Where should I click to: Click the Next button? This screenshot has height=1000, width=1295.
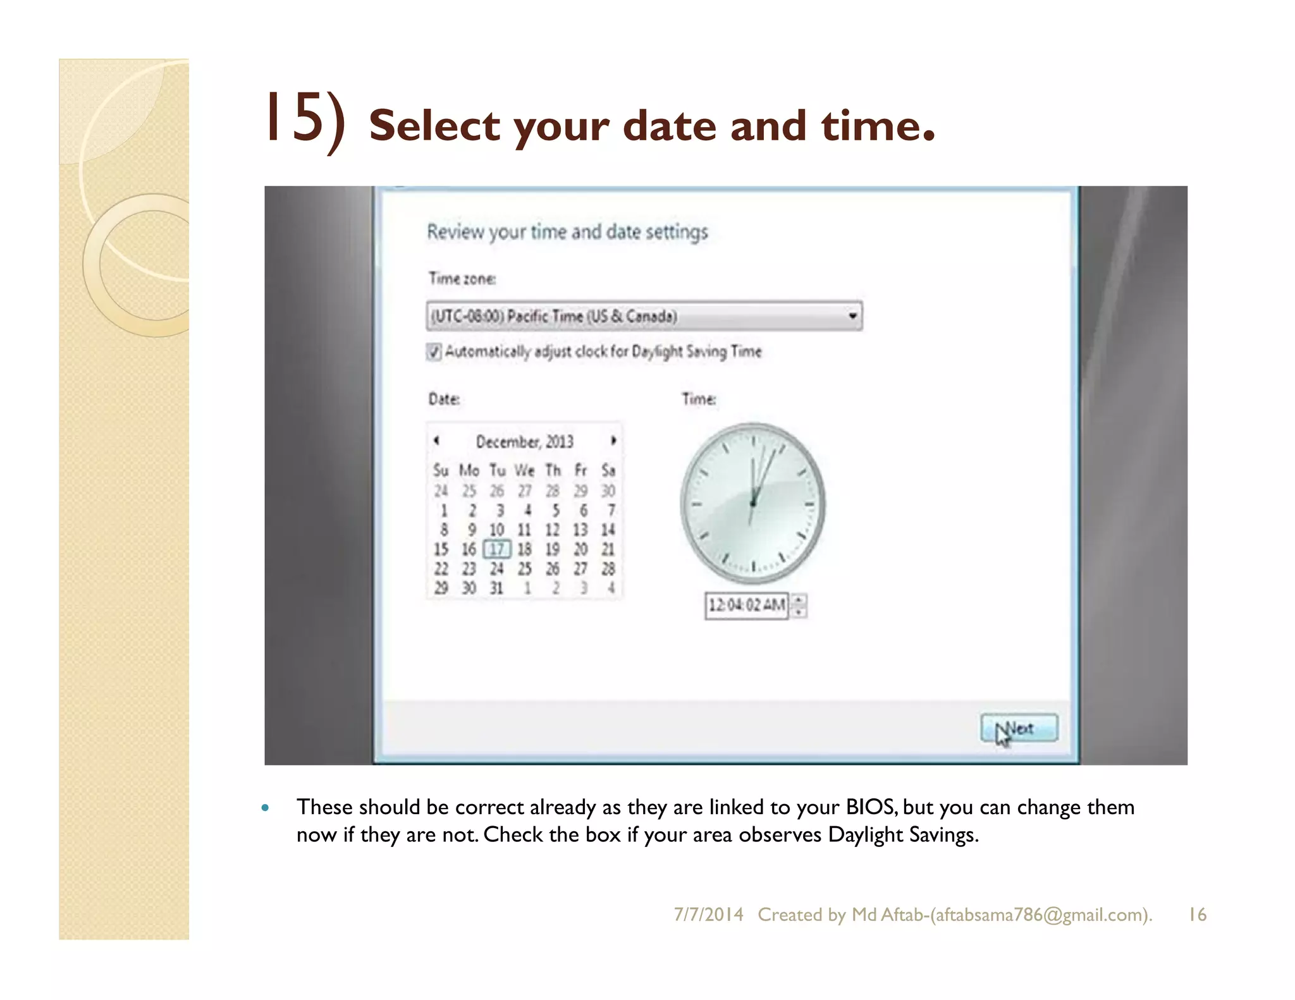(1019, 728)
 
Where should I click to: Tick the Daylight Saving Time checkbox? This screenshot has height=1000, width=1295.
(434, 351)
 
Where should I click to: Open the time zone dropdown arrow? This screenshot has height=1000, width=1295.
(852, 315)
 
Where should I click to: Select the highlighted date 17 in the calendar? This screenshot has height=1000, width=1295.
(496, 549)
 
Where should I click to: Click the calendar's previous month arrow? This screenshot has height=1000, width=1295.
(436, 441)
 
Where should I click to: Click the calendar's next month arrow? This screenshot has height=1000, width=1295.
(613, 441)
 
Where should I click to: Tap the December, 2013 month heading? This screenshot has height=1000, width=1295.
(524, 441)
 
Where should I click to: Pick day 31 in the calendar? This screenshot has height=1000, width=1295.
(496, 588)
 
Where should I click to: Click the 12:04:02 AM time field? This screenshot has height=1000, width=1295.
(746, 606)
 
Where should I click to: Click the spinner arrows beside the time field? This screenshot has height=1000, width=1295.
(799, 606)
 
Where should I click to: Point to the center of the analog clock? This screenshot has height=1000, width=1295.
(752, 503)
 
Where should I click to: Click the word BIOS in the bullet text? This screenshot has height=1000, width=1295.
(869, 807)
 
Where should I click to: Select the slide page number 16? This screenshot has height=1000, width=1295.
(1197, 915)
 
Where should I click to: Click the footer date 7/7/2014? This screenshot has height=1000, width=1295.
(708, 915)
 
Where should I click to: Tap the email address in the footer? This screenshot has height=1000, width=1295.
(1040, 915)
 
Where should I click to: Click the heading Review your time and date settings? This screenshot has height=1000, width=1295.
(567, 232)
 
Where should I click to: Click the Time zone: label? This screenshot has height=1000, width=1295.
(462, 279)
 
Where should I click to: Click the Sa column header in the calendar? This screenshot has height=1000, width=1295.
(608, 470)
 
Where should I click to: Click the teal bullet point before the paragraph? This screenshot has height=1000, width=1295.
(266, 808)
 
